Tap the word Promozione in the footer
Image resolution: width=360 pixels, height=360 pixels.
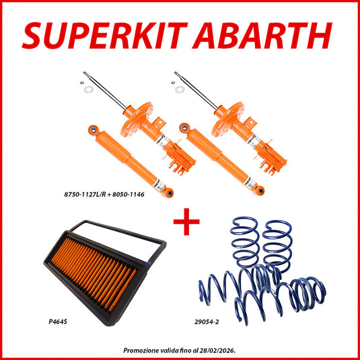(144, 350)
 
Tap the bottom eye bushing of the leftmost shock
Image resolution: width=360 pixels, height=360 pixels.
(169, 193)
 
